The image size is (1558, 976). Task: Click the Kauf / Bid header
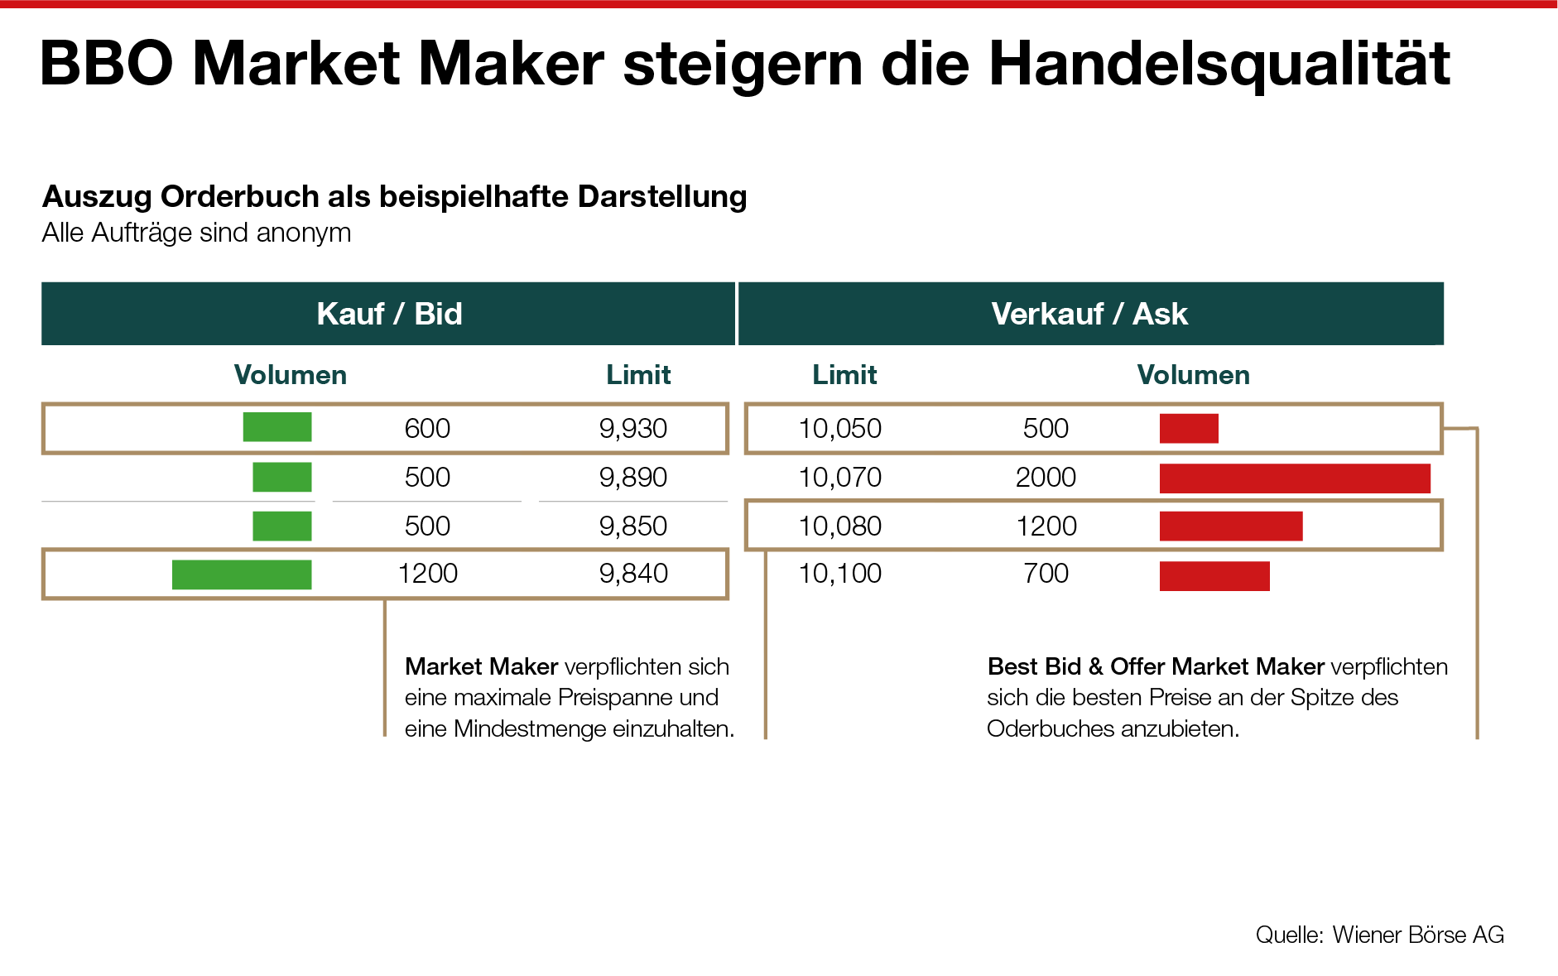coord(389,314)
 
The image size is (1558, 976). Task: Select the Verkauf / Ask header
coord(1089,314)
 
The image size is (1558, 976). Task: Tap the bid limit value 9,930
coord(633,429)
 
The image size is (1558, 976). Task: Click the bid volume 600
coord(427,429)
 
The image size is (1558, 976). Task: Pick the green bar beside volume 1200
coord(242,575)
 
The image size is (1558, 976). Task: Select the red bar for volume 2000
coord(1295,478)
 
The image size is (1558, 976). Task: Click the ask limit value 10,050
coord(840,429)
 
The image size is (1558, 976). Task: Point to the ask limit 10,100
coord(840,574)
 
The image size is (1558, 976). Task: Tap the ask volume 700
coord(1046,574)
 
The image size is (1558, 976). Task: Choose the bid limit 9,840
coord(633,574)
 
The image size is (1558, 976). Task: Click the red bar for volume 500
coord(1189,429)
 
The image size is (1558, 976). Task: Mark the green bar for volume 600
coord(277,427)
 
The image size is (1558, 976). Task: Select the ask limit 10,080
coord(840,526)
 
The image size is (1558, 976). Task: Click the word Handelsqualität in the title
coord(1219,65)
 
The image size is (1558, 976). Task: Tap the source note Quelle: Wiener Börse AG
coord(1379,935)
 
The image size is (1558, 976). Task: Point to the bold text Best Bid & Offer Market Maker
coord(1156,666)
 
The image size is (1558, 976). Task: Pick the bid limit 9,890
coord(633,478)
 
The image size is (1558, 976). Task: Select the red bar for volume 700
coord(1214,576)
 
